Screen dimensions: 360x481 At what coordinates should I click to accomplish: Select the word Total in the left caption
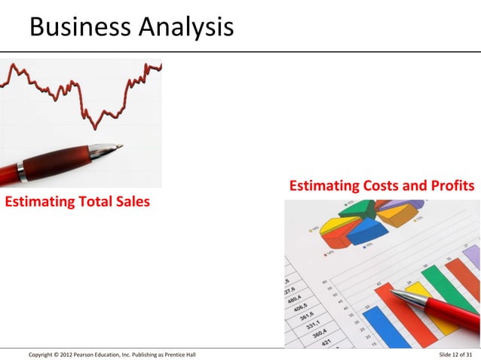click(90, 202)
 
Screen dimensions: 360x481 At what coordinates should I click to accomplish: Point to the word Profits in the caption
click(451, 186)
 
